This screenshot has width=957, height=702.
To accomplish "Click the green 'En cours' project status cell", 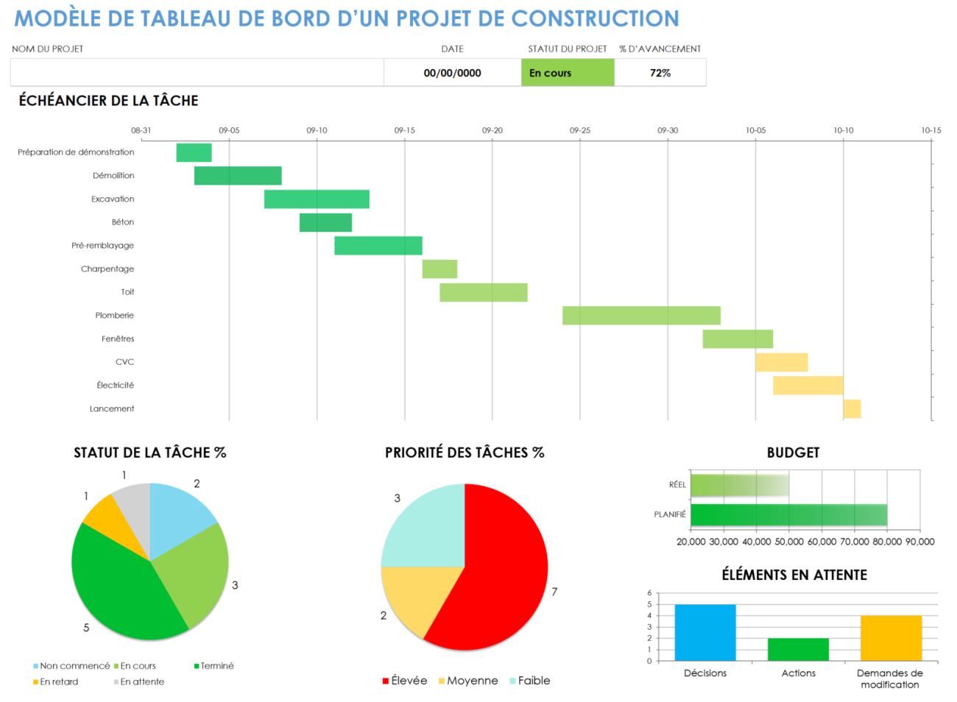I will (568, 73).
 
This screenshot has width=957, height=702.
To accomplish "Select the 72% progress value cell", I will (660, 73).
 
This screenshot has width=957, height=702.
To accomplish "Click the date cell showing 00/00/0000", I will (452, 73).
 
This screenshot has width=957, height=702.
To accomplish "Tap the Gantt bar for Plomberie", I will (641, 316).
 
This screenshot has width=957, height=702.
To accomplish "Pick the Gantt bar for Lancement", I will (852, 409).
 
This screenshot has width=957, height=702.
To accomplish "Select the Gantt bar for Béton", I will (325, 222).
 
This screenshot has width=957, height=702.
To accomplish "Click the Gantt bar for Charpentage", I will (439, 269).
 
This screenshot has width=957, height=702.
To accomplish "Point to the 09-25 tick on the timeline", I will (580, 130).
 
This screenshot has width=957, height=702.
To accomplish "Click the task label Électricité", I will (116, 386).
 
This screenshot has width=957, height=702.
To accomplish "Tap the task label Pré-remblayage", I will (103, 246).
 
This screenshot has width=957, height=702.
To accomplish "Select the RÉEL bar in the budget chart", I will (739, 486).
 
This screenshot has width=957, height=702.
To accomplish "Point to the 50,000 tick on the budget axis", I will (789, 542).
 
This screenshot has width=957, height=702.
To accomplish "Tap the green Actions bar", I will (798, 649).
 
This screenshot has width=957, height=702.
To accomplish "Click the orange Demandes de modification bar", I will (891, 638).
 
